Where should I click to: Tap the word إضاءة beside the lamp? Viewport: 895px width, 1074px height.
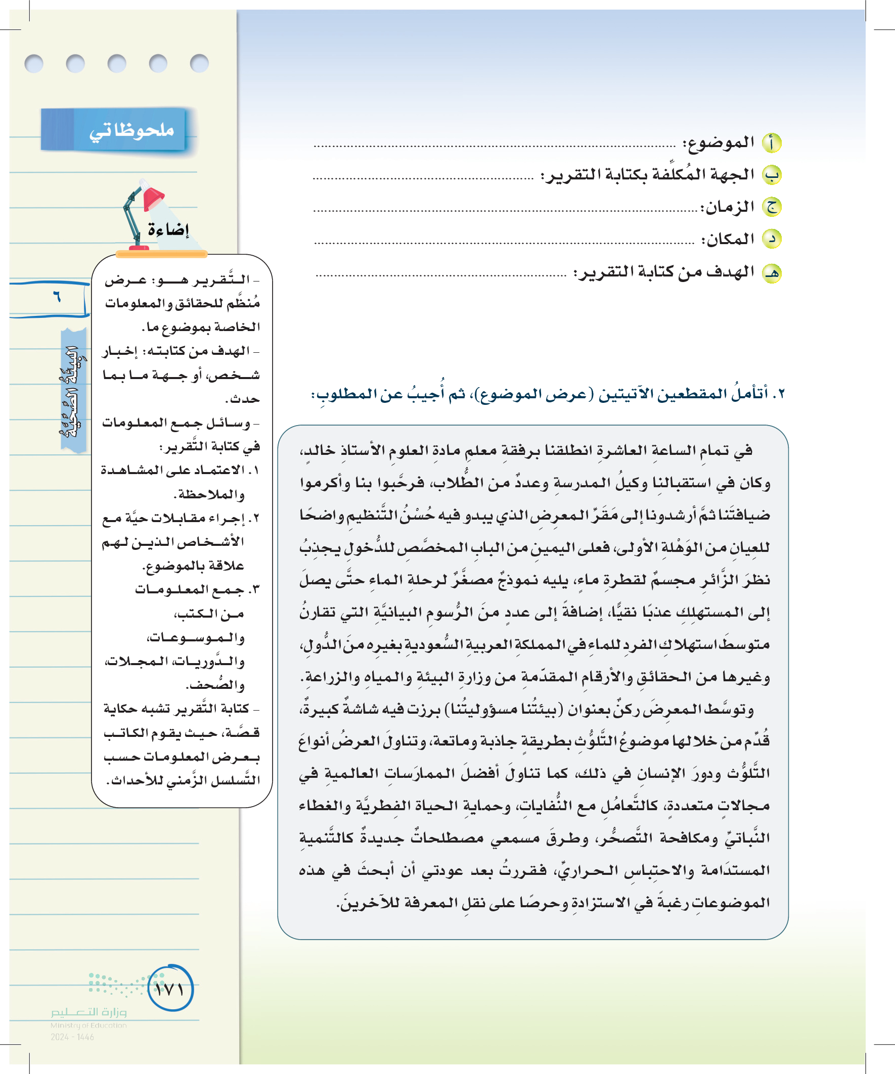[x=168, y=229]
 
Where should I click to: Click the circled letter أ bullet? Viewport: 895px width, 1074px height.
[x=771, y=143]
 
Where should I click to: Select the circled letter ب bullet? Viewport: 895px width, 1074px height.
[x=771, y=175]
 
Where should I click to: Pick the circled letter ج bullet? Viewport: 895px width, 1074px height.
[x=771, y=207]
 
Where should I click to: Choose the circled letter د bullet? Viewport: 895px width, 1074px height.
[x=771, y=239]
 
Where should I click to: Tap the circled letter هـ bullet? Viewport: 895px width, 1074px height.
[x=771, y=273]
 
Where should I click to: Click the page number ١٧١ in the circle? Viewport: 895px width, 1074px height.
[x=170, y=990]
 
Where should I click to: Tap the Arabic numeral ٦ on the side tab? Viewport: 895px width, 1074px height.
[x=56, y=297]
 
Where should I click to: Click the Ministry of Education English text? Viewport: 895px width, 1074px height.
[x=88, y=1025]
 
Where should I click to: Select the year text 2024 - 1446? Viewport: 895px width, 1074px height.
[x=72, y=1037]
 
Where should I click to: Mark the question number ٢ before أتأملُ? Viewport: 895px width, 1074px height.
[x=779, y=394]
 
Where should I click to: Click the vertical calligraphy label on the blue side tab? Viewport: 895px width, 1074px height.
[x=73, y=391]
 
